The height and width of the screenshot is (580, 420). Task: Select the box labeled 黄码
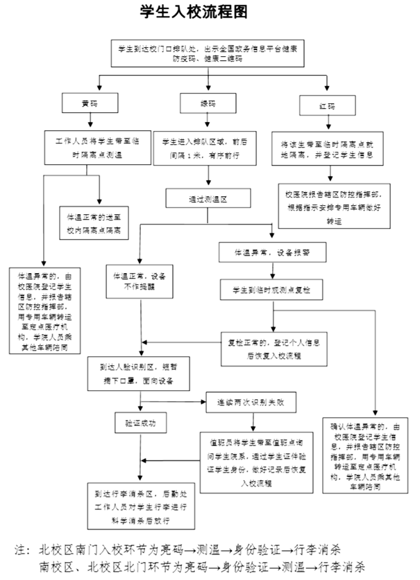pyautogui.click(x=89, y=103)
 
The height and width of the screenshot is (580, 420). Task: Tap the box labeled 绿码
pyautogui.click(x=208, y=103)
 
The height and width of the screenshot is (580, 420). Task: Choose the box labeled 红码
pyautogui.click(x=327, y=105)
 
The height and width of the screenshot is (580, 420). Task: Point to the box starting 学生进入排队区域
pyautogui.click(x=208, y=148)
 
